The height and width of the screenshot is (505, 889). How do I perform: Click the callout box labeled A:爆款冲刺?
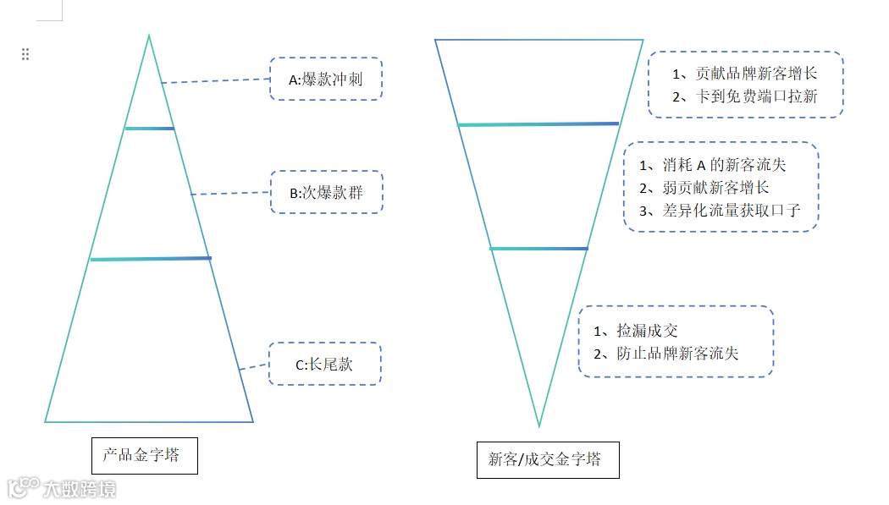(326, 80)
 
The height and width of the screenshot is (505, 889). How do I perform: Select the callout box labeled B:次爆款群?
(326, 192)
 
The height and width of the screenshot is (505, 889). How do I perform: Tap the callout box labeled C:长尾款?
(324, 365)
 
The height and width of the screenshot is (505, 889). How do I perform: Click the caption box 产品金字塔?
(144, 455)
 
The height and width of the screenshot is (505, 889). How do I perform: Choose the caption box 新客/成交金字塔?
(547, 459)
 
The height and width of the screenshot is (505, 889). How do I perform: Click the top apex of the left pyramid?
(149, 36)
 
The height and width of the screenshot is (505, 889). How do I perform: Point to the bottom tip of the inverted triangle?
(538, 425)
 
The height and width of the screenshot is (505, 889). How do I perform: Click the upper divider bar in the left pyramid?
(149, 129)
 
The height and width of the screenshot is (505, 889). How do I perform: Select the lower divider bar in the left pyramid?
(150, 259)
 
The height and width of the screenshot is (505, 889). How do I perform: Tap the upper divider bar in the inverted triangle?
(538, 124)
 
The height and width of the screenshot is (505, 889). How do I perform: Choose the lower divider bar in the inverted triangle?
(538, 249)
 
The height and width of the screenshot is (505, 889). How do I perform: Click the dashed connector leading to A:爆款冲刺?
(215, 81)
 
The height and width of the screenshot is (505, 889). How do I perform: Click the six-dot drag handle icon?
(25, 54)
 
